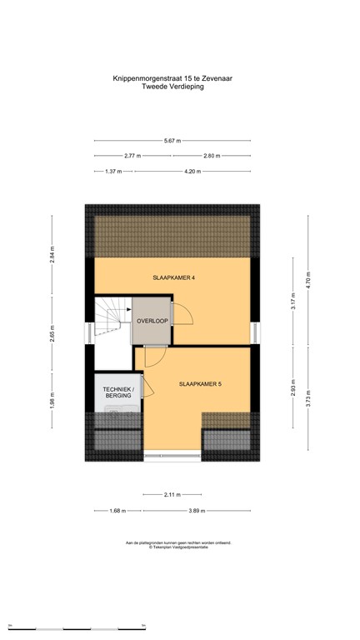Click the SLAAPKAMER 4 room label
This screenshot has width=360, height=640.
coord(174,277)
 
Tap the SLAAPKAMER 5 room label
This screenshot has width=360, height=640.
coord(200,384)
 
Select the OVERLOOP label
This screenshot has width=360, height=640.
coord(152,321)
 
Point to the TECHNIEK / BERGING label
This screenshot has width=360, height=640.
coord(117,393)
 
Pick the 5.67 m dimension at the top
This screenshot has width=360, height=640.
coord(172,141)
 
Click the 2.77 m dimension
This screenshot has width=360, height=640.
coord(132,156)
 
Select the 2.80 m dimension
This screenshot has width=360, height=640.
coord(212,156)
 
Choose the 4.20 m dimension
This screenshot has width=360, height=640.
coord(192,172)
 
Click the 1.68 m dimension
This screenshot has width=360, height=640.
coord(115,510)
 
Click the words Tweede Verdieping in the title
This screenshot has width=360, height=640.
coord(178,86)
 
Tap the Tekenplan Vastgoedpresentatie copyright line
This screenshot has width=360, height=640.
coord(179,547)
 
